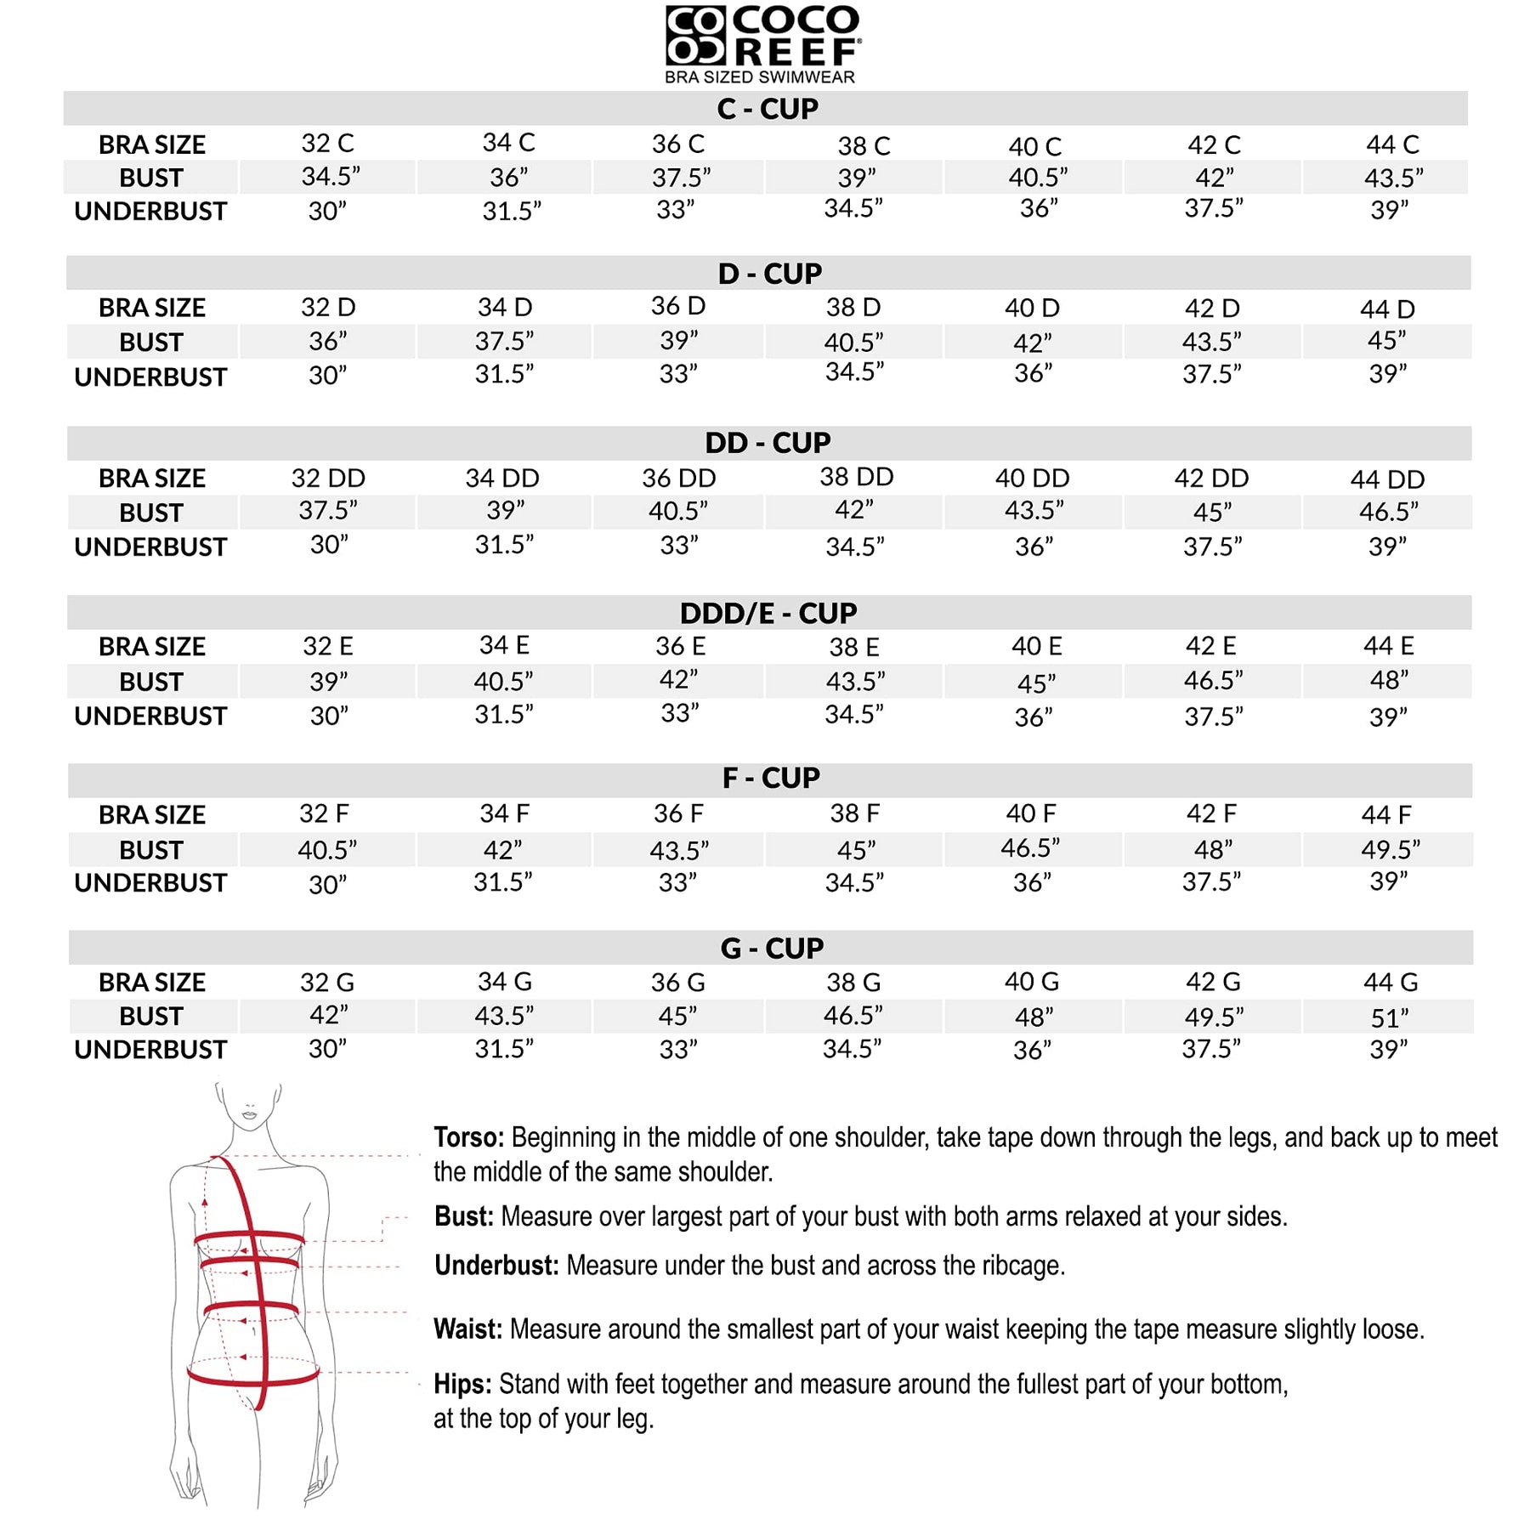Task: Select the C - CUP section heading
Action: pyautogui.click(x=767, y=109)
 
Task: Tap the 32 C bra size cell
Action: pyautogui.click(x=327, y=144)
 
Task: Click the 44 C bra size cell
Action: pyautogui.click(x=1392, y=144)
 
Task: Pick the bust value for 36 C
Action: pyautogui.click(x=681, y=178)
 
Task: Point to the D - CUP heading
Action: pyautogui.click(x=769, y=274)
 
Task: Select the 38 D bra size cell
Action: pyautogui.click(x=853, y=308)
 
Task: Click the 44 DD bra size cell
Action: pyautogui.click(x=1387, y=479)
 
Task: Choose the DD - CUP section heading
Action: pyautogui.click(x=768, y=443)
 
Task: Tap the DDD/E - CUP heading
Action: pyautogui.click(x=768, y=613)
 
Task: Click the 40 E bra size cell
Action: pyautogui.click(x=1036, y=647)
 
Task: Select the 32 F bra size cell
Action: pyautogui.click(x=324, y=814)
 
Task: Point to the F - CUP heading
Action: pyautogui.click(x=771, y=778)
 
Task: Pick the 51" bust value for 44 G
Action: pyautogui.click(x=1390, y=1017)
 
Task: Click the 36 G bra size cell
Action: pyautogui.click(x=677, y=983)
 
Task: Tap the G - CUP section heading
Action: pyautogui.click(x=772, y=948)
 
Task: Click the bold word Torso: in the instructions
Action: pyautogui.click(x=468, y=1137)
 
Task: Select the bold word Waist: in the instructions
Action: pyautogui.click(x=467, y=1329)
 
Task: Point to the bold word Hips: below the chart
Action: pyautogui.click(x=462, y=1384)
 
